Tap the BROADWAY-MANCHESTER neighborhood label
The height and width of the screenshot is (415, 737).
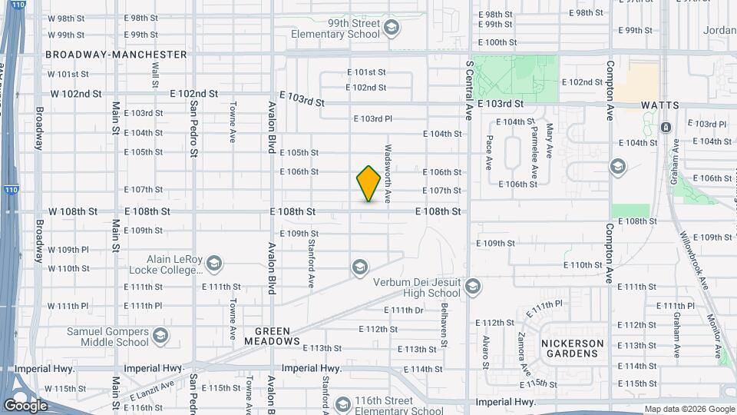pos(116,55)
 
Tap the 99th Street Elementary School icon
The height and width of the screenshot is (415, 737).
pos(392,29)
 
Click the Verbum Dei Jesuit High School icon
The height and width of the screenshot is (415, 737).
pos(472,287)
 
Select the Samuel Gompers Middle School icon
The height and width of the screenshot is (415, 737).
pos(160,336)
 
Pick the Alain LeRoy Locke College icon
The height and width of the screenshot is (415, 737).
pos(213,264)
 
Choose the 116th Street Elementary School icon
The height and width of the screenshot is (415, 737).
pos(343,404)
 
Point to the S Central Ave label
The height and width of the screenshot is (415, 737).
pos(468,90)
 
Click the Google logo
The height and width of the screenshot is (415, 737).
pos(25,405)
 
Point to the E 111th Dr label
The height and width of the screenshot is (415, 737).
pos(404,310)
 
